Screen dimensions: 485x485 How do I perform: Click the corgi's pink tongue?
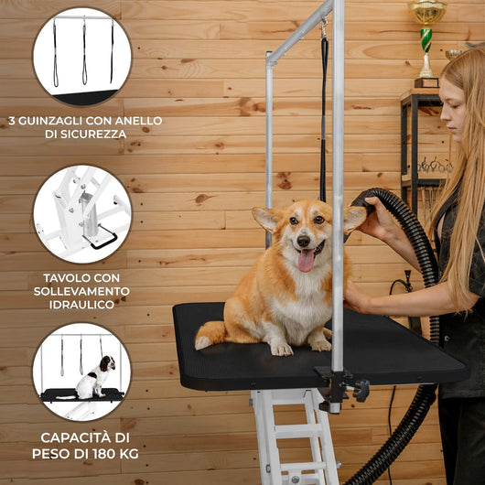pyautogui.click(x=306, y=261)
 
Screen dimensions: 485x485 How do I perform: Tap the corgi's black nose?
pyautogui.click(x=304, y=241)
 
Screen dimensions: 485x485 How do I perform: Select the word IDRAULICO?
pyautogui.click(x=82, y=305)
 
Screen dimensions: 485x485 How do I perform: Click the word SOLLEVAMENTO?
pyautogui.click(x=81, y=291)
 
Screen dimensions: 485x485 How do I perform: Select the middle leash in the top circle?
pyautogui.click(x=84, y=51)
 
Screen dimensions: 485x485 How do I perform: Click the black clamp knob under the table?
pyautogui.click(x=361, y=391)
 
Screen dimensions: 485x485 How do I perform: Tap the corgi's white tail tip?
pyautogui.click(x=202, y=343)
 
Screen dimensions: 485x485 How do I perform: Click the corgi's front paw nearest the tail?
pyautogui.click(x=281, y=350)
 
